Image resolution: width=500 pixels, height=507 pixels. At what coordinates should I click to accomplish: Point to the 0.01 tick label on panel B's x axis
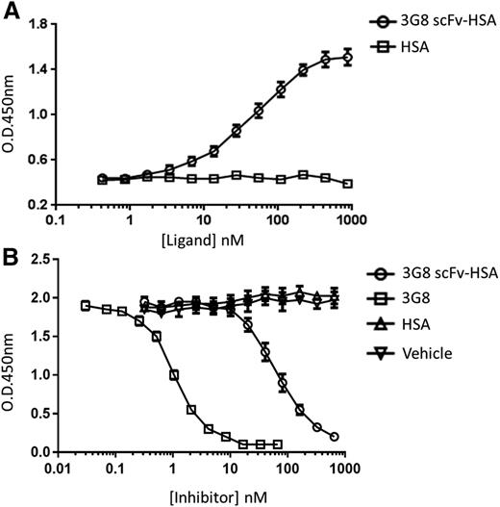click(60, 470)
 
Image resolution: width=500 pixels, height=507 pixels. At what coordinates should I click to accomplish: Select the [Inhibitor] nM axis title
click(201, 494)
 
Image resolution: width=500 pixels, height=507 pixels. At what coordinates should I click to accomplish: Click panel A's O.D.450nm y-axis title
click(12, 114)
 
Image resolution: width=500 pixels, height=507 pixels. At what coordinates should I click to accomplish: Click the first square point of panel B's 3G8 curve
click(86, 306)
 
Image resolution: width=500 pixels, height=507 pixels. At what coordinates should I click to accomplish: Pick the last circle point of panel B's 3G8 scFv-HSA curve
click(334, 436)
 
